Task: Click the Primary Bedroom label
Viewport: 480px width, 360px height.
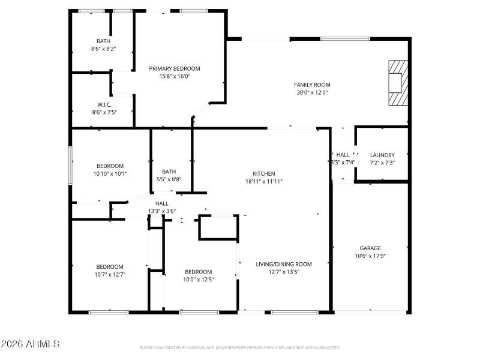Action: pyautogui.click(x=175, y=68)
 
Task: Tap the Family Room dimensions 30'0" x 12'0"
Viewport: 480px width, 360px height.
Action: pyautogui.click(x=312, y=92)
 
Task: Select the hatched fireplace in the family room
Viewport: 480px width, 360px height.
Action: pyautogui.click(x=397, y=83)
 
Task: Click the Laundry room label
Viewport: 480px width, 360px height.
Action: pyautogui.click(x=382, y=155)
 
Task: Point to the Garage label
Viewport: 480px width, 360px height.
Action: pyautogui.click(x=370, y=248)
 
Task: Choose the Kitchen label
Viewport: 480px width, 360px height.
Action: pyautogui.click(x=263, y=173)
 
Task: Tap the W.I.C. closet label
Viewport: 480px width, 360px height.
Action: pyautogui.click(x=104, y=104)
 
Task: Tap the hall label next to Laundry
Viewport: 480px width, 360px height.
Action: pyautogui.click(x=343, y=155)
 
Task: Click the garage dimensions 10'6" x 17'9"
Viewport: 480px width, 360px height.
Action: pyautogui.click(x=370, y=256)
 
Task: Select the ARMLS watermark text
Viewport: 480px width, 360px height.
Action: pyautogui.click(x=30, y=344)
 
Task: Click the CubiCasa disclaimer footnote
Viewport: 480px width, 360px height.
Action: pyautogui.click(x=240, y=347)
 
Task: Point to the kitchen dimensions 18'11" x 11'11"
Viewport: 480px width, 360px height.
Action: pyautogui.click(x=263, y=181)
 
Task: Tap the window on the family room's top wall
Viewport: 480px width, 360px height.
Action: pyautogui.click(x=345, y=39)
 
